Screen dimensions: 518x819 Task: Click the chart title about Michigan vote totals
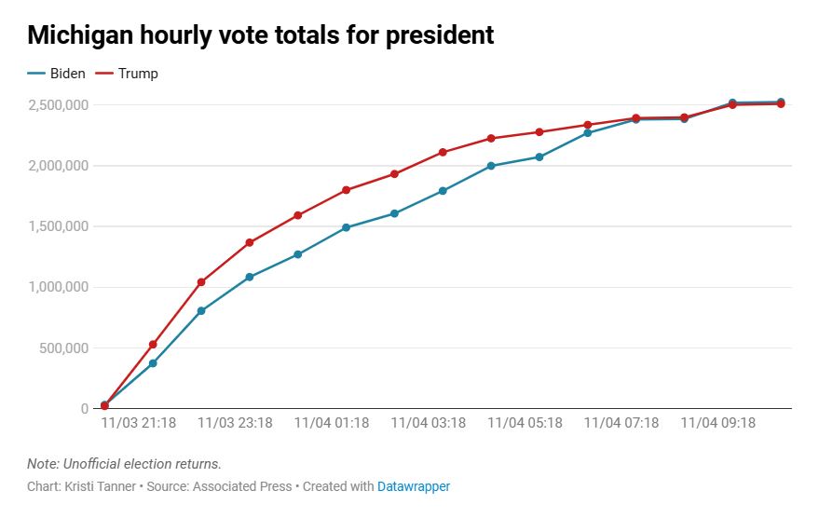[x=260, y=36]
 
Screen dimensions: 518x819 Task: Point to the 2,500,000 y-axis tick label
[x=58, y=105]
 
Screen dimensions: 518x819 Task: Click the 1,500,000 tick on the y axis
[x=58, y=226]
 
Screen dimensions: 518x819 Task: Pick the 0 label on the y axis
[x=84, y=409]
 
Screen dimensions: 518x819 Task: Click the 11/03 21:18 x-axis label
[x=139, y=423]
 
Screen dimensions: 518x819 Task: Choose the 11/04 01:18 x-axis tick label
[x=332, y=423]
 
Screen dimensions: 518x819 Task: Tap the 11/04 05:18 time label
[x=525, y=423]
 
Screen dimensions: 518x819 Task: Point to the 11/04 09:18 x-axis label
[x=717, y=423]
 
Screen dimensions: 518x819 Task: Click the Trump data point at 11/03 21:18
[x=153, y=345]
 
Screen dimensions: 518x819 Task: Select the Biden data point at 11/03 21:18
[x=153, y=363]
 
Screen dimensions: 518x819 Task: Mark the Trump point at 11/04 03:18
[x=443, y=152]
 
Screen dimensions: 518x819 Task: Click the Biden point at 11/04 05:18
[x=539, y=157]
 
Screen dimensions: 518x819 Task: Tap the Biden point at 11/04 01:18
[x=346, y=227]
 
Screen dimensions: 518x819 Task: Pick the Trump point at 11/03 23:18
[x=250, y=242]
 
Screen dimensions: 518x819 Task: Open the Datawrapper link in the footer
[x=413, y=486]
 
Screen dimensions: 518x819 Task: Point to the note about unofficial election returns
[x=124, y=464]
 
